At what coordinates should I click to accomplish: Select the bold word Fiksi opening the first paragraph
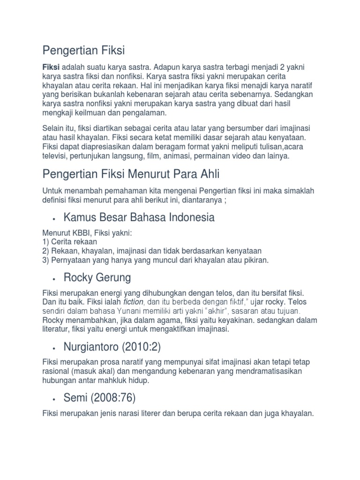click(50, 67)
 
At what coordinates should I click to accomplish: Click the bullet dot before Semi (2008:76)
click(55, 399)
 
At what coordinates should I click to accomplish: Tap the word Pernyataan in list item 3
click(69, 260)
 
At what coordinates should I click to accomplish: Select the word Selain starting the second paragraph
click(54, 128)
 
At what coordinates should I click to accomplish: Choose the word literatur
click(57, 330)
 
